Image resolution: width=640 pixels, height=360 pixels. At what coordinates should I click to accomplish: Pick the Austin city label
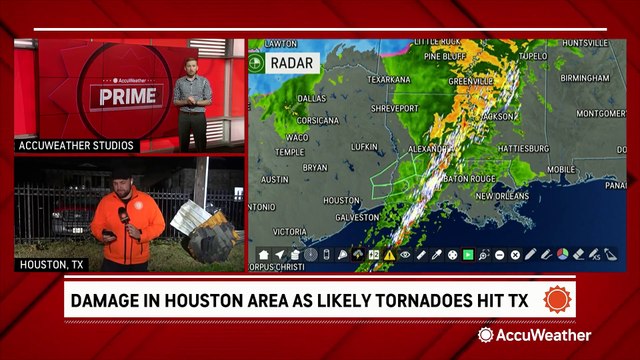pos(275,179)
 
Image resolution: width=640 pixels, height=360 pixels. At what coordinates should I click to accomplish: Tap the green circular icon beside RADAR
pos(258,63)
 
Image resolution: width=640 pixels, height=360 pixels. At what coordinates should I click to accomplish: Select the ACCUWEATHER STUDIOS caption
pos(76,146)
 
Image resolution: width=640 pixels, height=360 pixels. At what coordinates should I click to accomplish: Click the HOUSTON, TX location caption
pos(51,265)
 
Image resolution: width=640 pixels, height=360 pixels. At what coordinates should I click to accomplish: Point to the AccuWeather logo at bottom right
pos(534,335)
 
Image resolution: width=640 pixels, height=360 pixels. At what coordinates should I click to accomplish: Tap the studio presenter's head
pos(190,65)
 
